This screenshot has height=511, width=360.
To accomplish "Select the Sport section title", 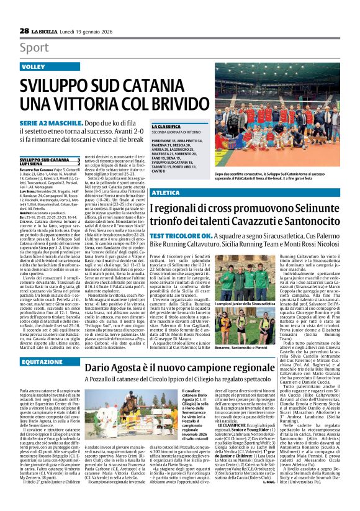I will click(34, 45).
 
